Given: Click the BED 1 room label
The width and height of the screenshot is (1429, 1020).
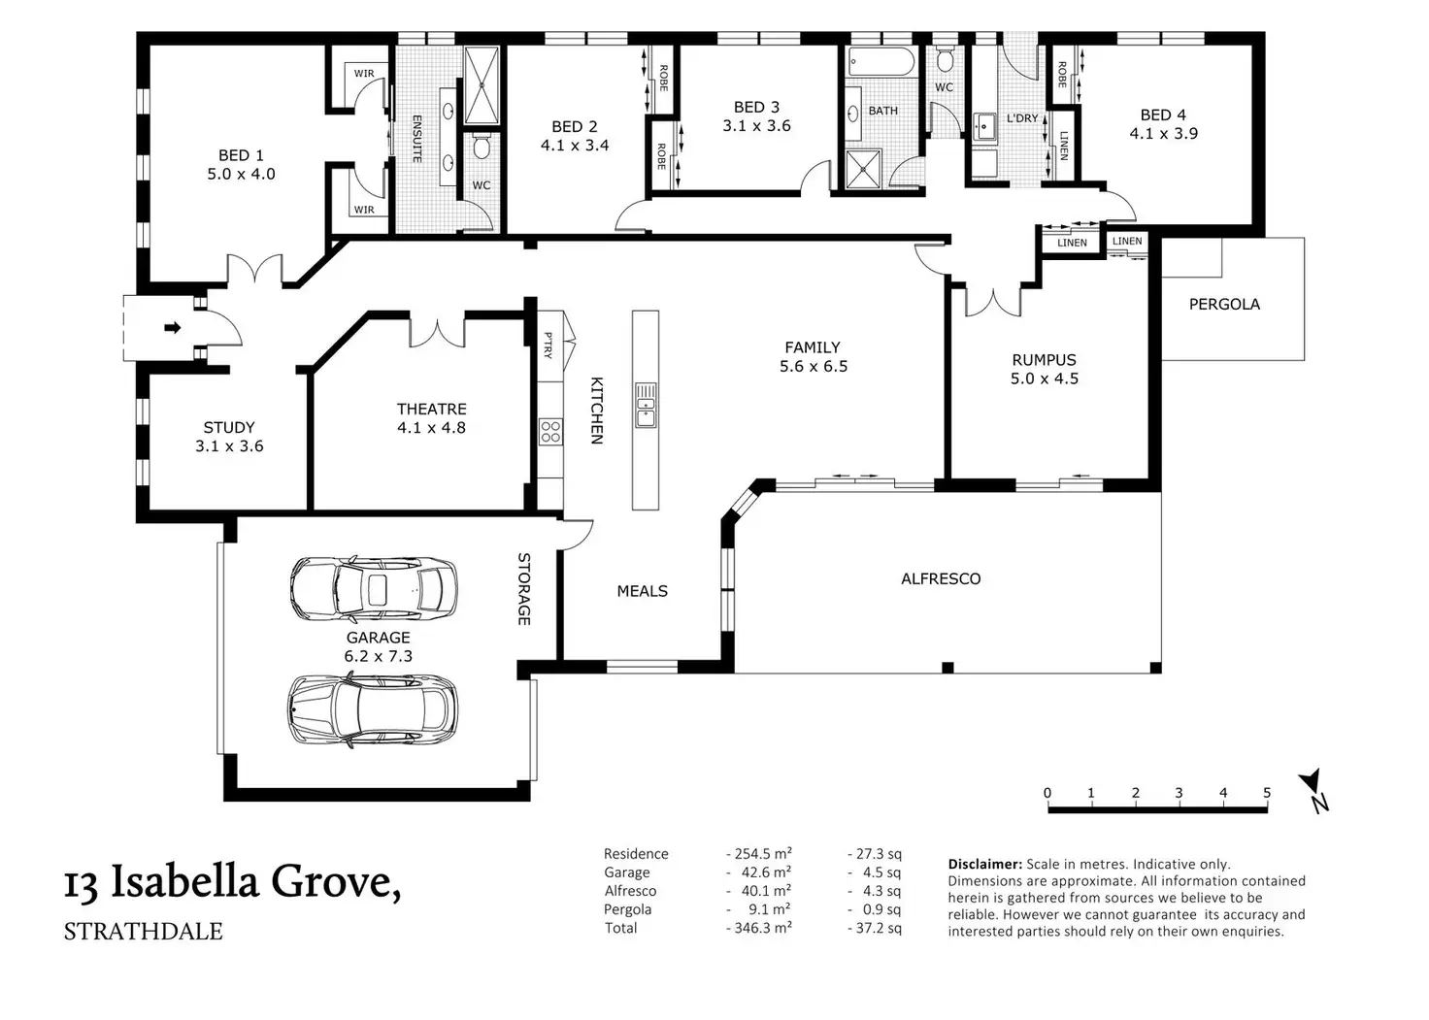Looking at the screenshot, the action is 241,155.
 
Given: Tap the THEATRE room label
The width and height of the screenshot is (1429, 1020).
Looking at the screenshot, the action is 432,409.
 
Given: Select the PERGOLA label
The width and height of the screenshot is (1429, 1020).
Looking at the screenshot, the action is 1224,305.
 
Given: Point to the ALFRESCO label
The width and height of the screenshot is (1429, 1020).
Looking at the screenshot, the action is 941,578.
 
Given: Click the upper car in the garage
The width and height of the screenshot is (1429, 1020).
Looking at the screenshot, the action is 374,588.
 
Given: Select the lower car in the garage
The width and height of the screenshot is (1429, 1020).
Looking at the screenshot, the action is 373,709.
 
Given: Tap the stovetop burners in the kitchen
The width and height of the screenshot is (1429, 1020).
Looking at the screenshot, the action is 550,431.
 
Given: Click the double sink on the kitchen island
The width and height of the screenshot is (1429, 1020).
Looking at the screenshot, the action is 646,406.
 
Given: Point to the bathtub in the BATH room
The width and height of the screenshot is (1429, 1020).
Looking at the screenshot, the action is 881,62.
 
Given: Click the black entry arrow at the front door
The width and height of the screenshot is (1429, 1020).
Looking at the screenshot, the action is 173,328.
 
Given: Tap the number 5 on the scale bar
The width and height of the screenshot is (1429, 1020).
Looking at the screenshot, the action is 1266,792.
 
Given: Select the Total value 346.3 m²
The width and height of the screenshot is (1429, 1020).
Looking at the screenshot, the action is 762,928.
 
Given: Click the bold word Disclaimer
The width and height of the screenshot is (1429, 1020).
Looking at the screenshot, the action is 985,865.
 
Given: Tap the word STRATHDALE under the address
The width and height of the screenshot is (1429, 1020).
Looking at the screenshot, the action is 144,932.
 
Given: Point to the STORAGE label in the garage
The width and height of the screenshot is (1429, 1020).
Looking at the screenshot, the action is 524,589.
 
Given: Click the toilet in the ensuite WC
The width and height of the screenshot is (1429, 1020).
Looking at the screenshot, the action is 482,147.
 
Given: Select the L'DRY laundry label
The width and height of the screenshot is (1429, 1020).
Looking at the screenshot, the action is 1022,118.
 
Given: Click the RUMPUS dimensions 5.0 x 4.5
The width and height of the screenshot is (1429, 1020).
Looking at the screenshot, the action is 1045,378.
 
